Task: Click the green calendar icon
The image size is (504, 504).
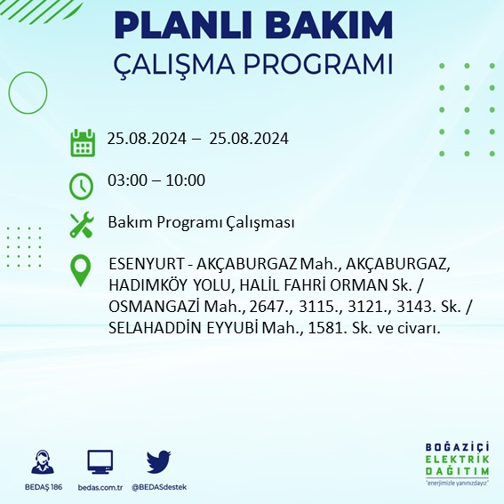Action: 83,142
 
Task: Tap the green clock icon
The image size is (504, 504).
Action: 82,185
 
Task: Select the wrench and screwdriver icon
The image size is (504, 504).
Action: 82,224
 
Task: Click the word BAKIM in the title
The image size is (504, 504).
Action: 329,27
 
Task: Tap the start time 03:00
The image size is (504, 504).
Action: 125,180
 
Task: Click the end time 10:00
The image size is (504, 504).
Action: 186,180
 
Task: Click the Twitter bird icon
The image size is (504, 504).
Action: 158,461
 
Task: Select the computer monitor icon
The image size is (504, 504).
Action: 100,461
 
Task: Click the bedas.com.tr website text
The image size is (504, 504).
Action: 100,487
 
